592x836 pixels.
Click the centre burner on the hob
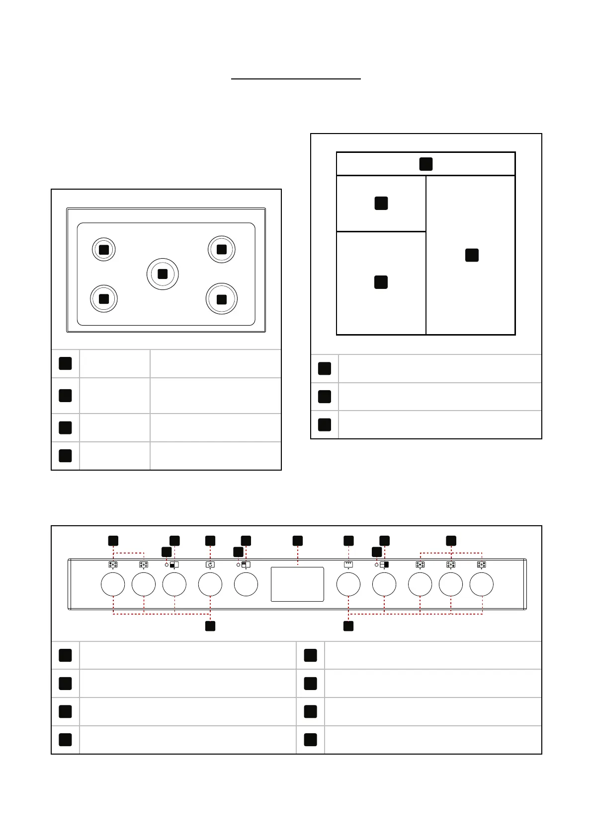coord(163,274)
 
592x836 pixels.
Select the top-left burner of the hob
coord(104,250)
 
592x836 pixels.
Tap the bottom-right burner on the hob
coord(222,299)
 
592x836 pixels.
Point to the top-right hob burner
coord(222,249)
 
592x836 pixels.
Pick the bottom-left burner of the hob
coord(104,299)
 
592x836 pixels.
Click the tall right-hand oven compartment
coord(471,255)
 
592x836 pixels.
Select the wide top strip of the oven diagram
coord(425,164)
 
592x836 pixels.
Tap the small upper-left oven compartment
coord(381,203)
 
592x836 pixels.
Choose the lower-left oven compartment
coord(381,282)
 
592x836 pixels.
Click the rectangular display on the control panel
coord(297,584)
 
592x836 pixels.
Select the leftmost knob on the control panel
coord(113,584)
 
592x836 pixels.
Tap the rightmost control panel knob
coord(482,584)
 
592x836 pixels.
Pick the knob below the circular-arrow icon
coord(210,584)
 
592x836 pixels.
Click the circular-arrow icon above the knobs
coord(210,564)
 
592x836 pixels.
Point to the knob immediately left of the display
coord(246,584)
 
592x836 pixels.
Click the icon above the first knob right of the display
coord(348,564)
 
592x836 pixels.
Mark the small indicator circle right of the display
coord(376,565)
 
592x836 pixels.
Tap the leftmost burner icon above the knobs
coord(113,564)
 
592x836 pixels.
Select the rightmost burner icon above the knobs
coord(482,564)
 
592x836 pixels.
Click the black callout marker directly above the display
coord(297,541)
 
